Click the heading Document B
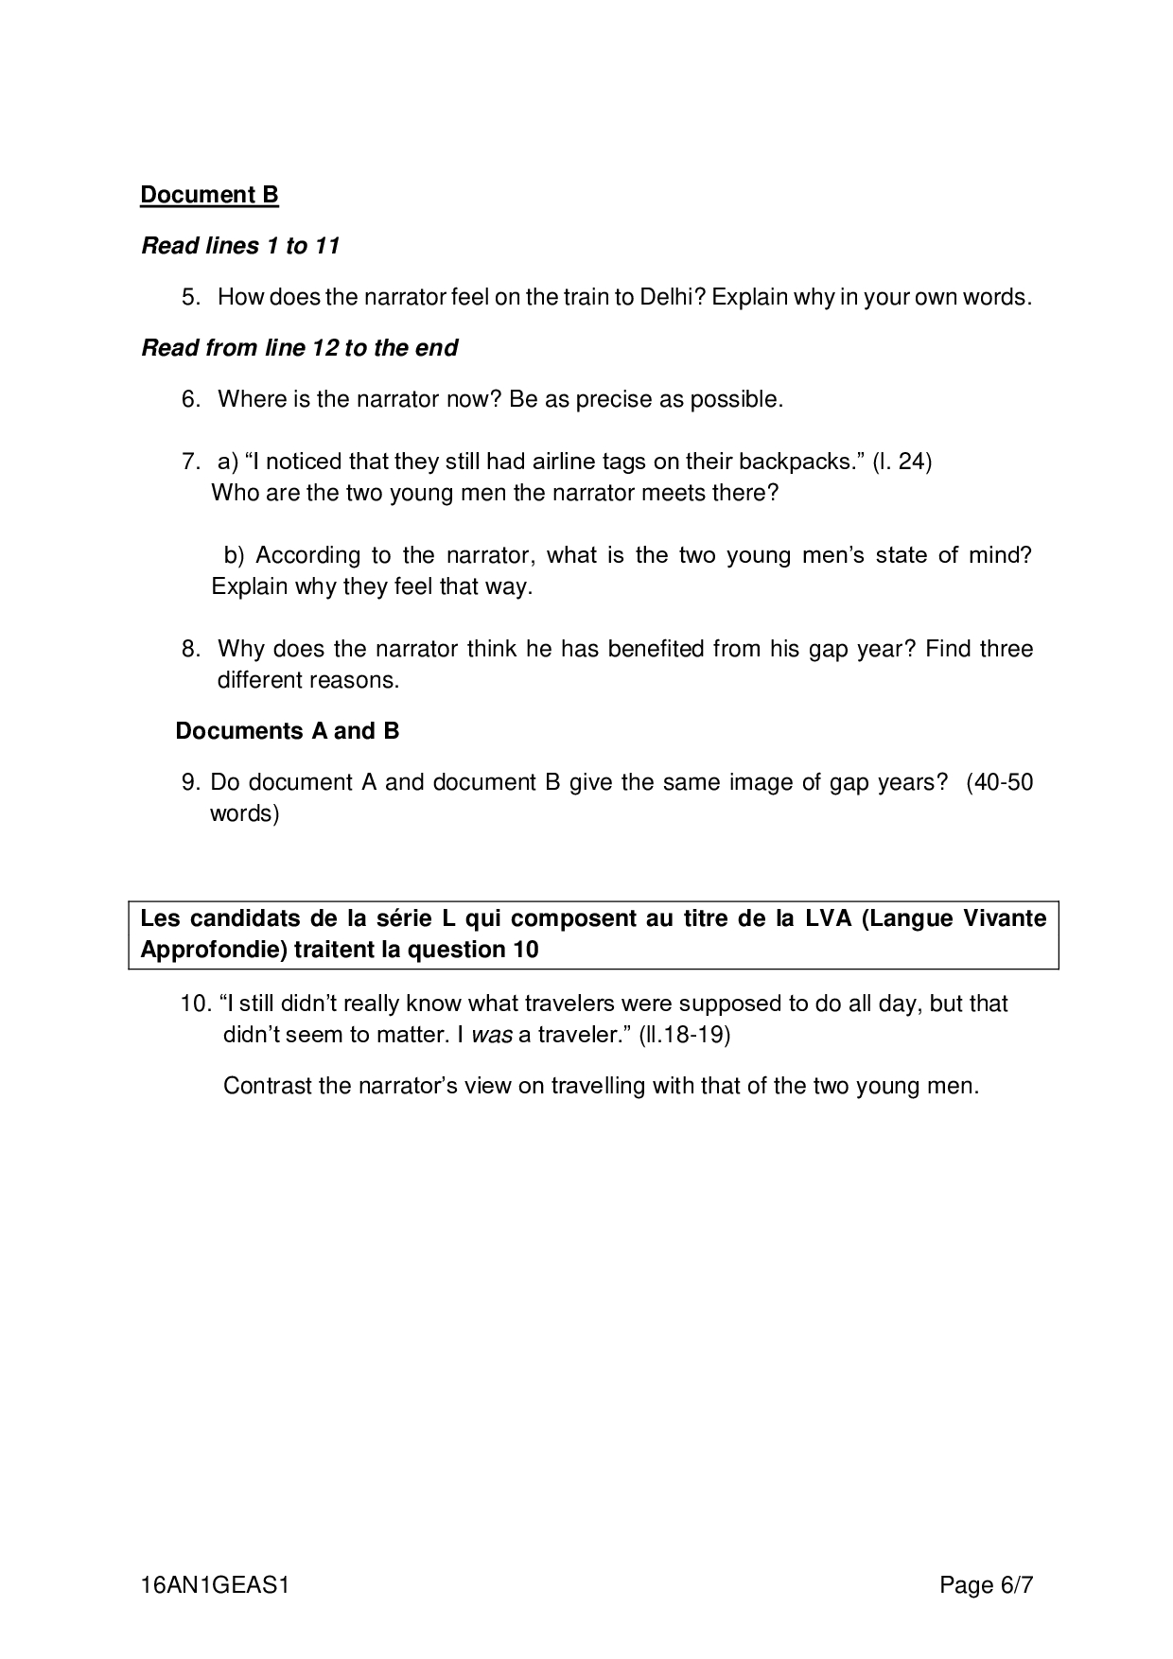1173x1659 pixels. pyautogui.click(x=209, y=195)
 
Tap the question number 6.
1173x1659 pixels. pyautogui.click(x=191, y=399)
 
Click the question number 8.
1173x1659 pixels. pyautogui.click(x=191, y=649)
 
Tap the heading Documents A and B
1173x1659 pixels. pyautogui.click(x=288, y=731)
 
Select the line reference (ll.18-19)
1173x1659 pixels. pyautogui.click(x=684, y=1035)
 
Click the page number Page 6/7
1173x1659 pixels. pyautogui.click(x=986, y=1585)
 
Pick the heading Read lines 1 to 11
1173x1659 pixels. pyautogui.click(x=240, y=246)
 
